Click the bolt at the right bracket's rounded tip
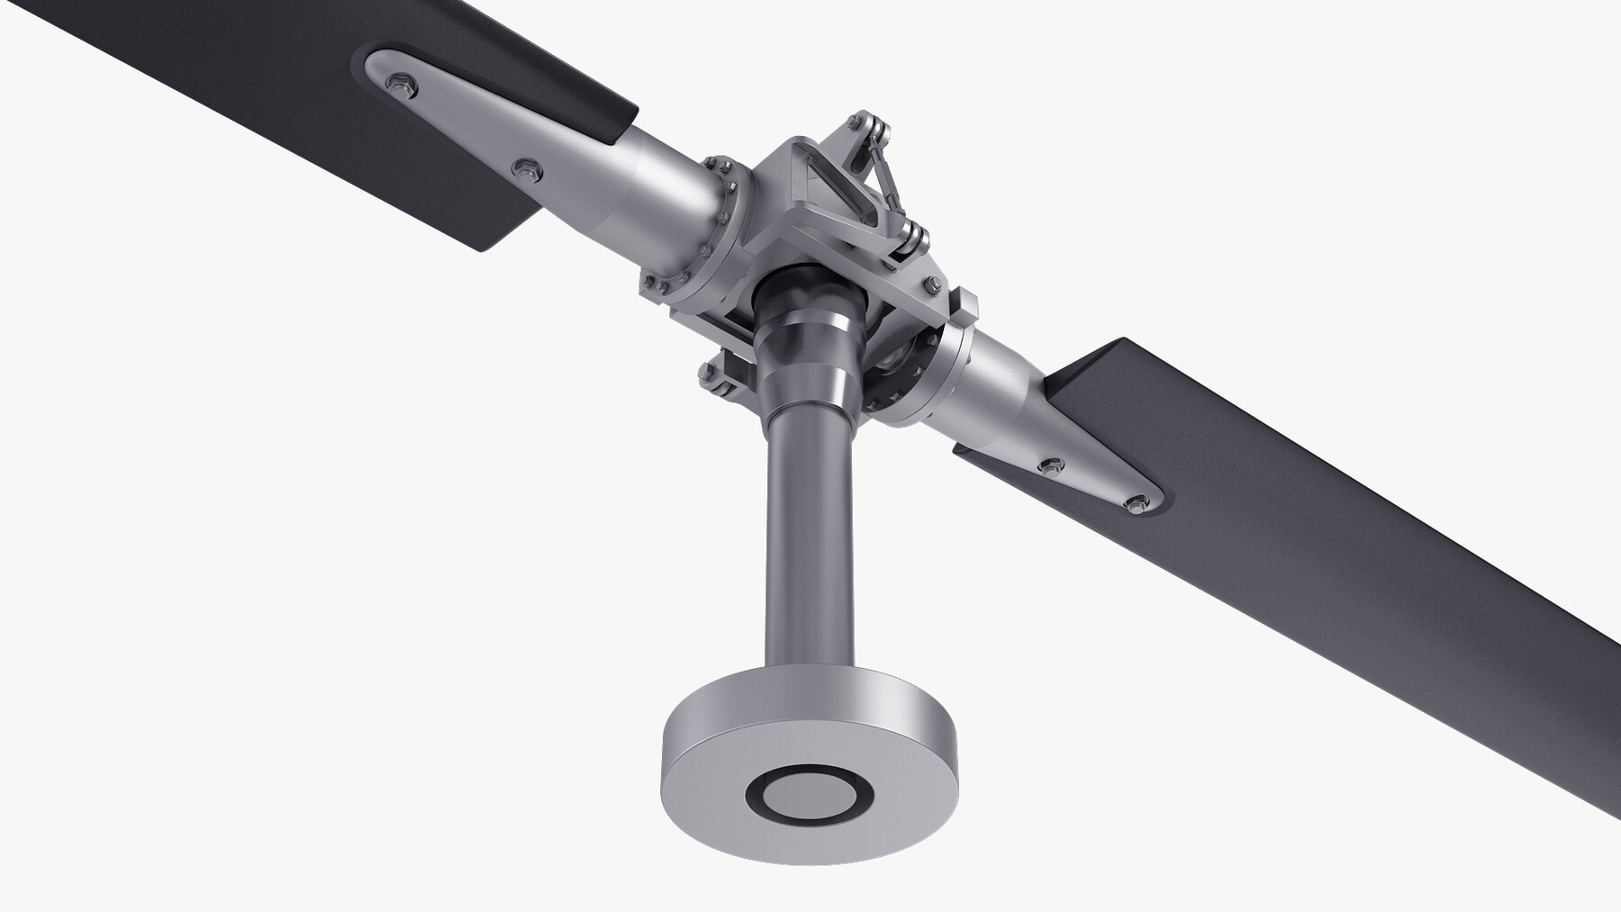click(1136, 502)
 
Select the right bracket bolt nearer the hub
click(1048, 466)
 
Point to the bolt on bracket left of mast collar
click(706, 371)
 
